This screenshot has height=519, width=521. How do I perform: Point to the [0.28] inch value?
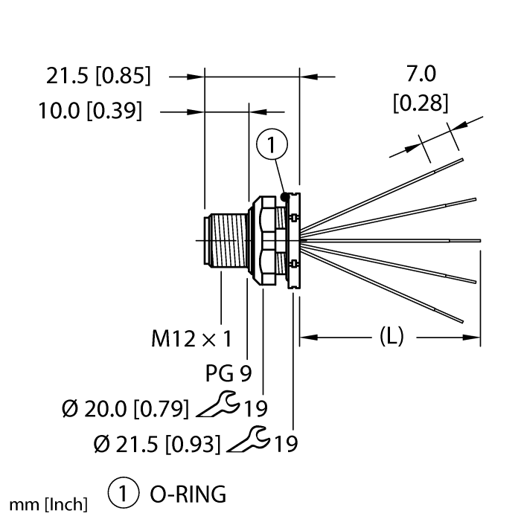421,103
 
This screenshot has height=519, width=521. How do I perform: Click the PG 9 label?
226,376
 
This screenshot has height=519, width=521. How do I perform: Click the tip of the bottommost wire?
462,321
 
